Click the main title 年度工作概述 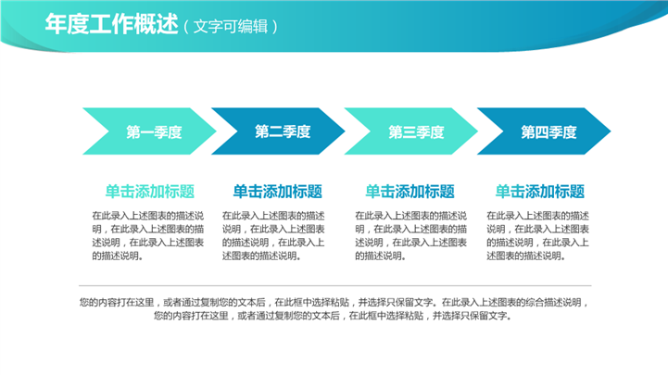click(111, 24)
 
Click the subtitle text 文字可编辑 click(231, 27)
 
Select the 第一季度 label click(154, 132)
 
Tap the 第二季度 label click(283, 131)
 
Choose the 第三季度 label click(416, 132)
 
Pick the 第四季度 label click(548, 132)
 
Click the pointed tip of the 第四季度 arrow click(611, 131)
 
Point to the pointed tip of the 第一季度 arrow click(217, 131)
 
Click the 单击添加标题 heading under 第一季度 click(150, 192)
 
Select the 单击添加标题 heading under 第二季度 click(277, 192)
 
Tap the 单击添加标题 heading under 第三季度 click(410, 192)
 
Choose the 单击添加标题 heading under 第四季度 click(540, 192)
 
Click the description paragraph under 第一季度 click(148, 236)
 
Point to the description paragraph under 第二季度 click(273, 236)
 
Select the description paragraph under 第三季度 click(410, 236)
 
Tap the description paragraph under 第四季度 click(537, 236)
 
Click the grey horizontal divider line click(334, 285)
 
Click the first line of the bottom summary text click(334, 302)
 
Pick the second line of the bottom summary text click(333, 316)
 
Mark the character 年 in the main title click(56, 24)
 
